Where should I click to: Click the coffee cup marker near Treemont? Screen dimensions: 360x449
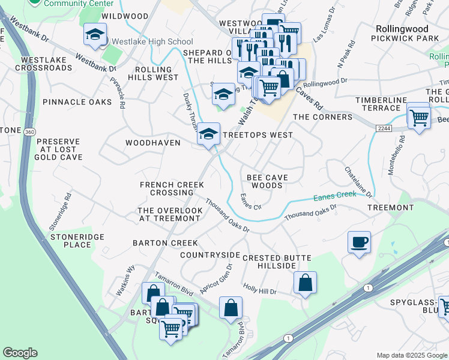[359, 243]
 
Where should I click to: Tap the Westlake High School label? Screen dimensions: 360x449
[149, 42]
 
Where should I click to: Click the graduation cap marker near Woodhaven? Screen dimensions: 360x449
[209, 134]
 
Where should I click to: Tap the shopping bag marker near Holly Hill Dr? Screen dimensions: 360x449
[305, 283]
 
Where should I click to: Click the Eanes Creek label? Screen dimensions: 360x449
[334, 196]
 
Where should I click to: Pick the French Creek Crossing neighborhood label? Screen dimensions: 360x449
[167, 188]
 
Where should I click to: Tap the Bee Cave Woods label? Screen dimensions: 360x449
[267, 181]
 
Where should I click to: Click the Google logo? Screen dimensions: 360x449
[20, 353]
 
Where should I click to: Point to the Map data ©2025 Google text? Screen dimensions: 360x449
[411, 355]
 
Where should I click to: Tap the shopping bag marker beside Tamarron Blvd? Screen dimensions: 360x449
[231, 308]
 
